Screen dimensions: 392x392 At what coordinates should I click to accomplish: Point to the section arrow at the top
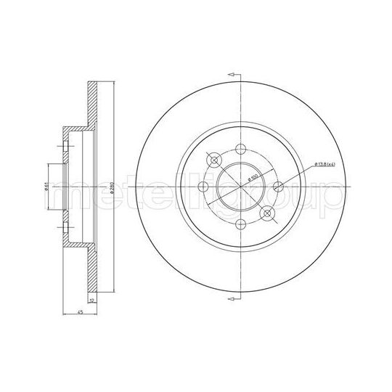tap(232, 75)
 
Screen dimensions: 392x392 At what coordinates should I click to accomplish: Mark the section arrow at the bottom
tap(232, 298)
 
